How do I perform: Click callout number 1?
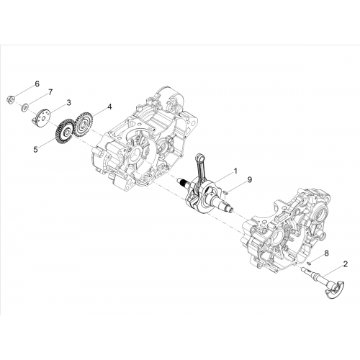pyautogui.click(x=235, y=171)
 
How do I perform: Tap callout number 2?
pyautogui.click(x=346, y=264)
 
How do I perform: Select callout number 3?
pyautogui.click(x=69, y=103)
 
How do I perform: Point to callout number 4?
pyautogui.click(x=109, y=107)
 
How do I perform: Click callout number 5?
pyautogui.click(x=35, y=150)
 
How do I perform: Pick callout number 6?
pyautogui.click(x=37, y=84)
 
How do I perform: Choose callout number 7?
pyautogui.click(x=50, y=92)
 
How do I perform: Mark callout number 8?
pyautogui.click(x=327, y=253)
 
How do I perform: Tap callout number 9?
pyautogui.click(x=250, y=179)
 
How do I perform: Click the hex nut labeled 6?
pyautogui.click(x=11, y=99)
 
